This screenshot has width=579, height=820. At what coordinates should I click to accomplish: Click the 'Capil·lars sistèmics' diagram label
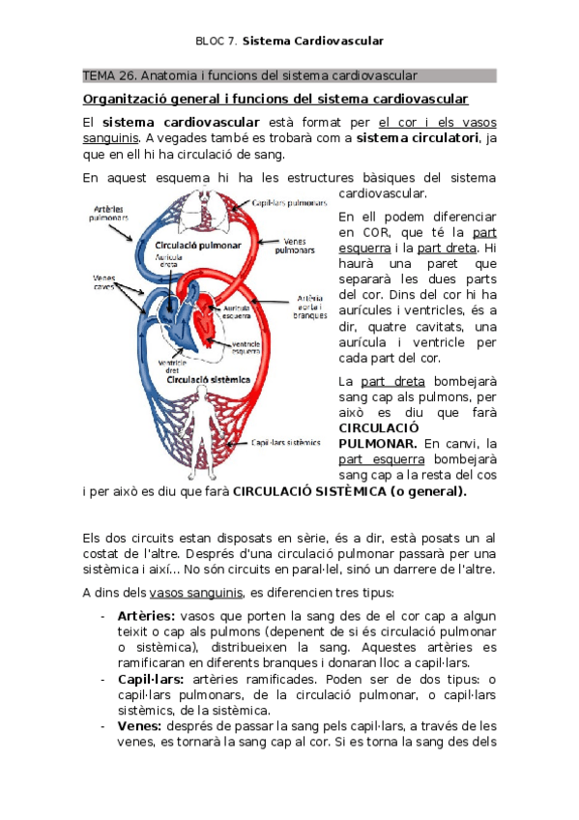pyautogui.click(x=286, y=444)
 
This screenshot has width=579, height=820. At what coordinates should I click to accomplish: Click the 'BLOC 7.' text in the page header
pyautogui.click(x=215, y=41)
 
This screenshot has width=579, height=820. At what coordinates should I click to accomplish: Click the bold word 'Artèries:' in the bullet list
pyautogui.click(x=146, y=616)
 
